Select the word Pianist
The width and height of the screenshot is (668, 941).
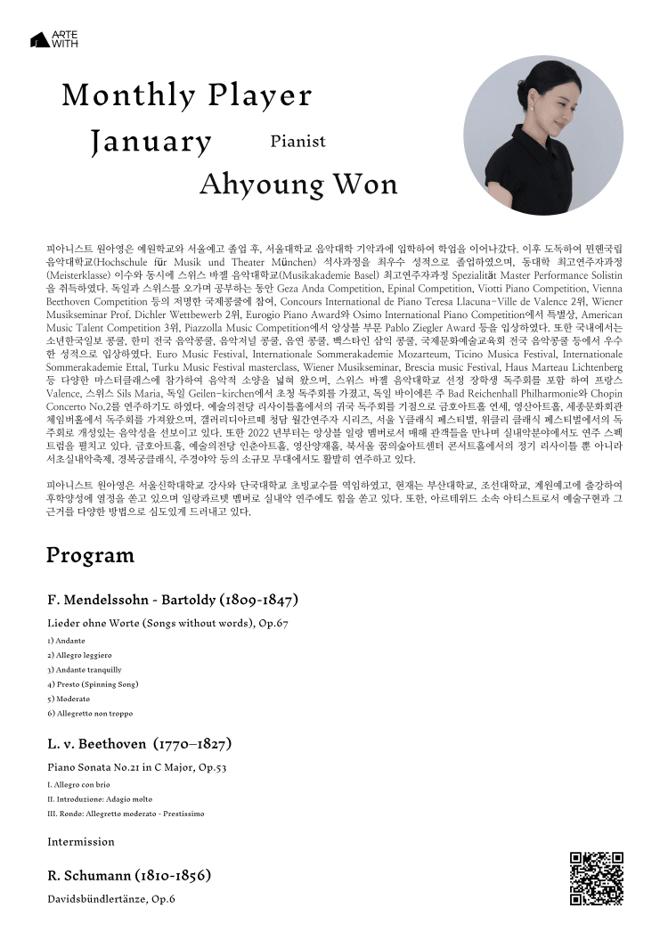297,141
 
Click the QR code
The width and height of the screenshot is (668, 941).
596,879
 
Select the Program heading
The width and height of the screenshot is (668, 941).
90,556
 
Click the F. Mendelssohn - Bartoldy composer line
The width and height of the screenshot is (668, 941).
166,598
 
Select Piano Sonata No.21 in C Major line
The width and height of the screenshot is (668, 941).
136,767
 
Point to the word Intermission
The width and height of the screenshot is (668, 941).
81,841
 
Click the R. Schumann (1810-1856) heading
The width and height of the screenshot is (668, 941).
129,875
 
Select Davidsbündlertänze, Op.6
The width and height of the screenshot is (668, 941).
111,899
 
